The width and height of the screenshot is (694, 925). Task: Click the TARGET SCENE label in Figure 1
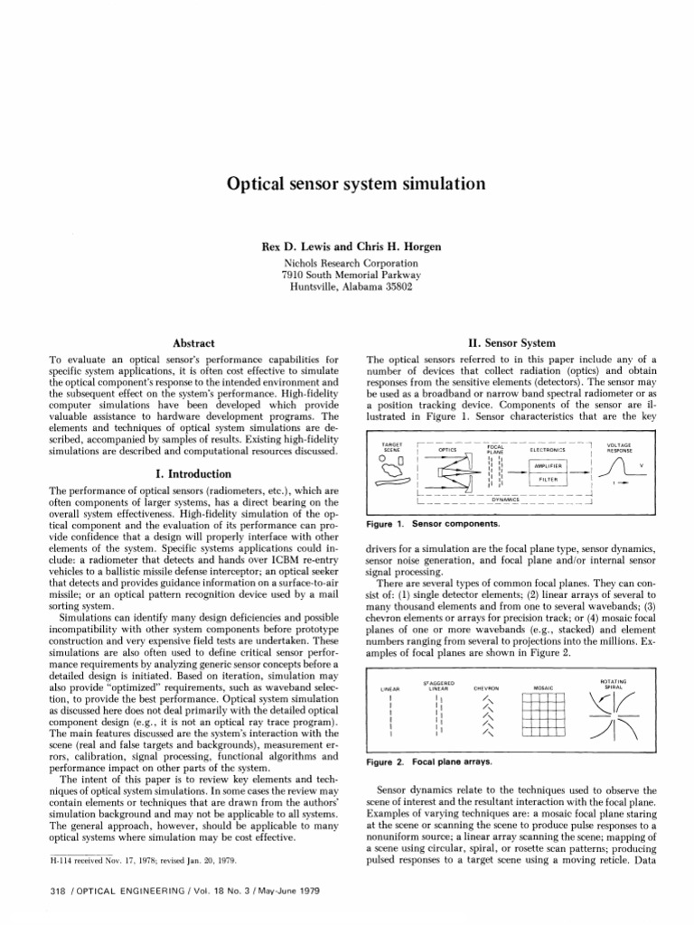point(392,447)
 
